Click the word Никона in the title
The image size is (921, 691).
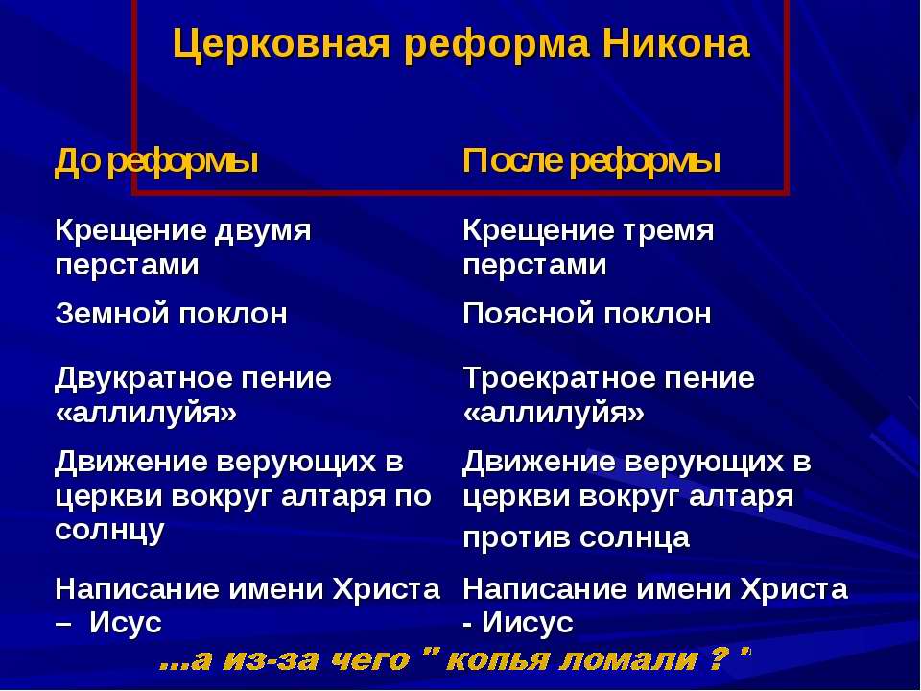click(676, 43)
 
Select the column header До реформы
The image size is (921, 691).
click(156, 161)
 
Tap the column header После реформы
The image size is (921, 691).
click(592, 161)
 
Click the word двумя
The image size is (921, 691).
click(262, 231)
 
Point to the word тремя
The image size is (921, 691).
click(668, 231)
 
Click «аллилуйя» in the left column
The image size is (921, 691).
click(146, 414)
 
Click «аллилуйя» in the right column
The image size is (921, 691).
click(554, 414)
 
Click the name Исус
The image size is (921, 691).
click(125, 623)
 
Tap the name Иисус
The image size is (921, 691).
click(528, 623)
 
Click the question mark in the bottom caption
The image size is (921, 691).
click(717, 659)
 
